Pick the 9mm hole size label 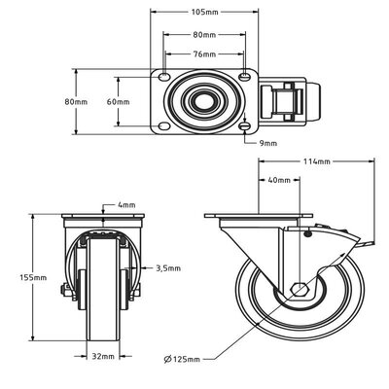tap(268, 143)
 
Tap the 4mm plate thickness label tap(127, 205)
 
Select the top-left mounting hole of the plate tap(163, 78)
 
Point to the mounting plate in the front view tap(102, 217)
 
